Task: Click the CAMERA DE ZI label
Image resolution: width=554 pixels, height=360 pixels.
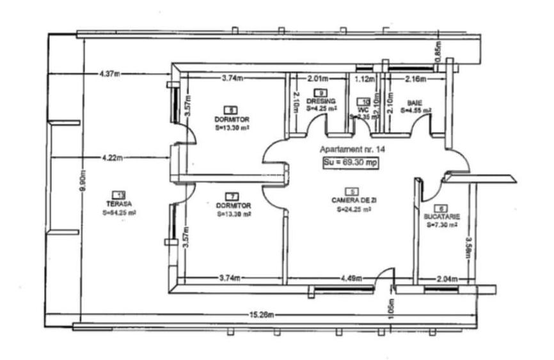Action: click(351, 200)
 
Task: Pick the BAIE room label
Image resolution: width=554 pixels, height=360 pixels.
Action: click(415, 102)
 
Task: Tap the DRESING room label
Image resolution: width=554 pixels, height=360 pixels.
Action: click(321, 102)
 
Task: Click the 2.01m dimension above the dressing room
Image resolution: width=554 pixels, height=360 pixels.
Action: click(318, 79)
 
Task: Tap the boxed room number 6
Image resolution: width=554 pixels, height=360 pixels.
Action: click(439, 208)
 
